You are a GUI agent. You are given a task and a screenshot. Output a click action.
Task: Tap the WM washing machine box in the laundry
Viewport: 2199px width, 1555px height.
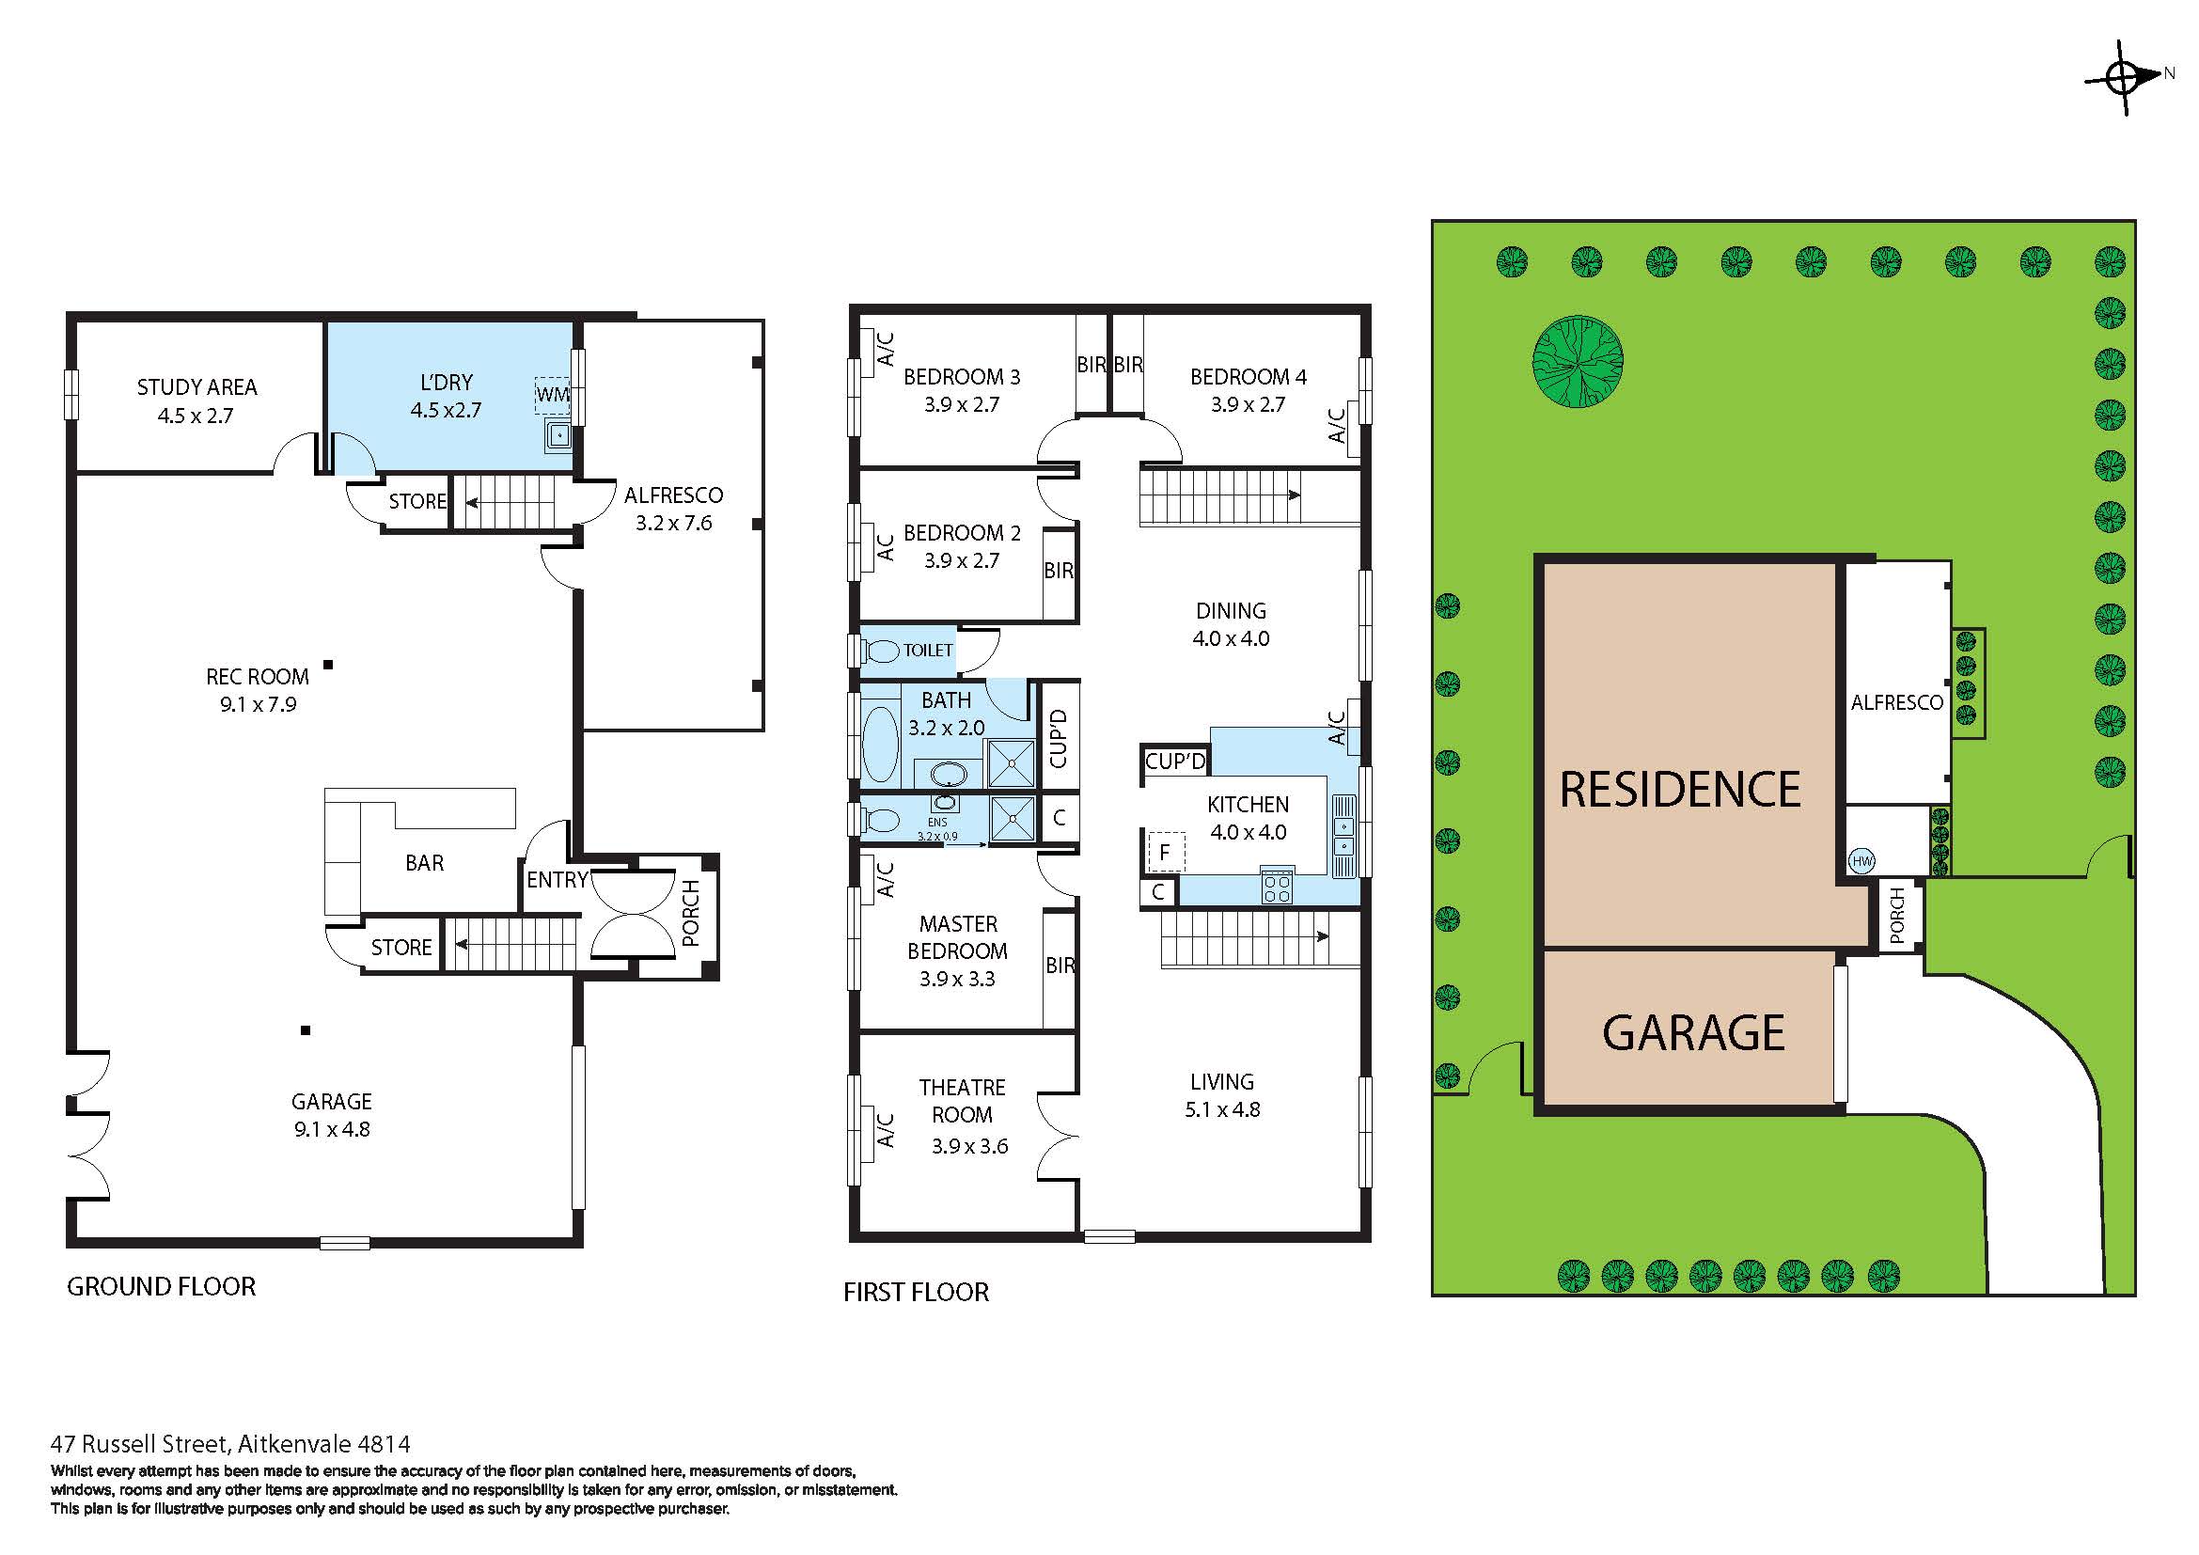click(x=553, y=395)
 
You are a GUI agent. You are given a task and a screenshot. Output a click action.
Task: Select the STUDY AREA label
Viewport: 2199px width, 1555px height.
click(x=196, y=386)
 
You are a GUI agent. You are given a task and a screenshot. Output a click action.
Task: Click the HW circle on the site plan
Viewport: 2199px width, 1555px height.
click(x=1861, y=861)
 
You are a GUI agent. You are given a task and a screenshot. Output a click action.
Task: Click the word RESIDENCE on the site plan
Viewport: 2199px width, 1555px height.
click(x=1680, y=790)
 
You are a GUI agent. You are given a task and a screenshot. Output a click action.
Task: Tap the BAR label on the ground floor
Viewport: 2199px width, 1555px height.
click(x=424, y=863)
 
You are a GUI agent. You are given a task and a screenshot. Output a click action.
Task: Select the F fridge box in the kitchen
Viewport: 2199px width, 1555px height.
click(x=1166, y=852)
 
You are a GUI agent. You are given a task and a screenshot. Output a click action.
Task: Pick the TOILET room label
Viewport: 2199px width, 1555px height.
click(x=927, y=651)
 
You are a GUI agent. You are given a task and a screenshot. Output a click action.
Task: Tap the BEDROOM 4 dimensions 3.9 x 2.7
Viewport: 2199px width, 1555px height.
click(x=1248, y=404)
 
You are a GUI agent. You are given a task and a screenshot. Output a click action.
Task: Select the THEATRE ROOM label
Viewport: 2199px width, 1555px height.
click(x=962, y=1101)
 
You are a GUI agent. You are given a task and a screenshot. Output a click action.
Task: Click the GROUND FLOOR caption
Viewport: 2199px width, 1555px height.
click(x=161, y=1286)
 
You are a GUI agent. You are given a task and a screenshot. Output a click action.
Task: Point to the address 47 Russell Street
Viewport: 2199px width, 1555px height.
click(x=229, y=1443)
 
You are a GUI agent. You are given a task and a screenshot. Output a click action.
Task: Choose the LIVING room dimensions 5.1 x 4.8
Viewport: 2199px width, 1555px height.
click(x=1222, y=1109)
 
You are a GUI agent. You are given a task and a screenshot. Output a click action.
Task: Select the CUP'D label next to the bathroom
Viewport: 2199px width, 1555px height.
click(x=1059, y=738)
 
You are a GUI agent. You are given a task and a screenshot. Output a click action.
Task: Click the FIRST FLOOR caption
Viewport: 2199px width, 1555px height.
click(x=916, y=1292)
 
